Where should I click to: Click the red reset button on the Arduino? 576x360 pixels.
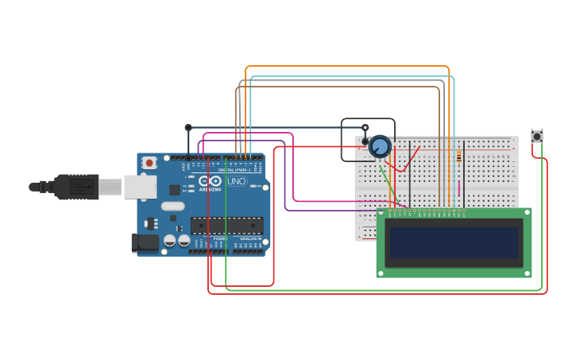149,163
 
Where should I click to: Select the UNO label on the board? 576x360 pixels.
237,181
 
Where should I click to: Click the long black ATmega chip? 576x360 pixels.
226,225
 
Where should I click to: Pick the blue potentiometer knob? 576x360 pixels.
380,146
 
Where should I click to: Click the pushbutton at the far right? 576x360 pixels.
537,137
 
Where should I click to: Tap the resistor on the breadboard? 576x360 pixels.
458,157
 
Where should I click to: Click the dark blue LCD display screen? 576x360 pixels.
454,242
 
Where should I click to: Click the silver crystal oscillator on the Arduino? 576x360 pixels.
172,206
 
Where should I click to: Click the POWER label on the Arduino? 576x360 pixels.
220,238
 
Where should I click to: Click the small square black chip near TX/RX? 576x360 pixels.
175,190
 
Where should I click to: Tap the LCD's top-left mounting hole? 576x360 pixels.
381,213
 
